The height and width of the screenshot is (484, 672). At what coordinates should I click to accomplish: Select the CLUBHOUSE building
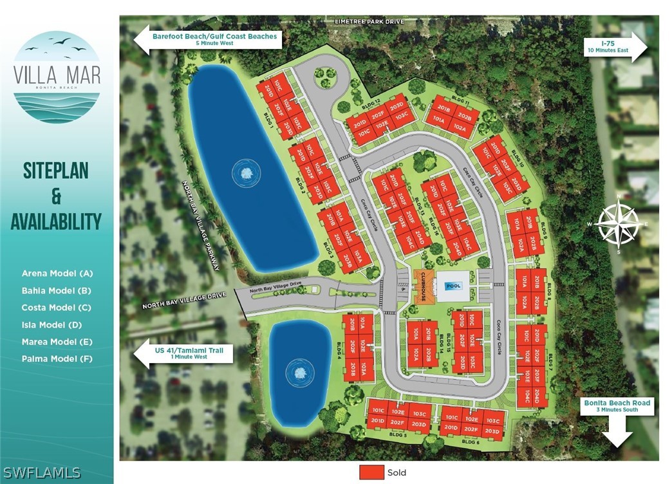click(x=425, y=282)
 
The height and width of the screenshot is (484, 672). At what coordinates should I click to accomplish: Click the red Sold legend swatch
click(x=371, y=472)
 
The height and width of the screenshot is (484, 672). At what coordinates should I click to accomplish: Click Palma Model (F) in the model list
click(x=57, y=358)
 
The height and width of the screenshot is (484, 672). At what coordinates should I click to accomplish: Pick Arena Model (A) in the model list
click(x=57, y=274)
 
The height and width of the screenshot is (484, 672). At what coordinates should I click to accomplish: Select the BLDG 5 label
click(x=398, y=436)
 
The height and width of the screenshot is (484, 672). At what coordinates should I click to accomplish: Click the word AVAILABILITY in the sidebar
click(x=56, y=221)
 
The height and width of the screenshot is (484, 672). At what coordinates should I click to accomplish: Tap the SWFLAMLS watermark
click(x=41, y=472)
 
